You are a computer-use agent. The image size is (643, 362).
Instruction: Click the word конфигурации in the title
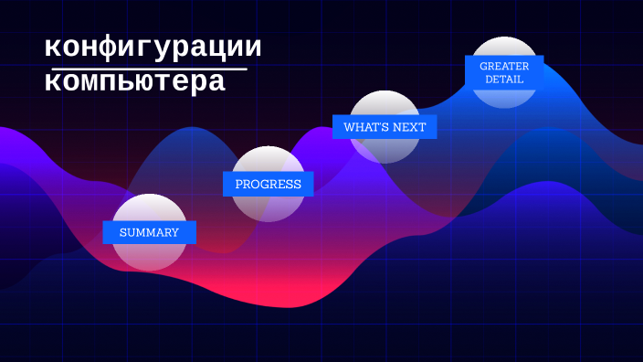coord(153,48)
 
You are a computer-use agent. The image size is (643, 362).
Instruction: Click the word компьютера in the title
coord(134,82)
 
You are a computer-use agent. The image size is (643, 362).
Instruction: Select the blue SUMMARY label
coord(149,232)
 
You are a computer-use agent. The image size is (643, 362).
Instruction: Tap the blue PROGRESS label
coord(268,184)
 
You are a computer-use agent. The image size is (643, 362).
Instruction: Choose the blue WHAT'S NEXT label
coord(384,127)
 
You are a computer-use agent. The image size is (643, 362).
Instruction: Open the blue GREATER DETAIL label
coord(504,72)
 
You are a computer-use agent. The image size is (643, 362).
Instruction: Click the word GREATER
coord(504,66)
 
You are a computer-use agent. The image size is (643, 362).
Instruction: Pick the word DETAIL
coord(504,80)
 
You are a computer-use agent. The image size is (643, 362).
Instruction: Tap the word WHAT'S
coord(365,127)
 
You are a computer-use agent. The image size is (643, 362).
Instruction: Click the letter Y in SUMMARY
coord(174,232)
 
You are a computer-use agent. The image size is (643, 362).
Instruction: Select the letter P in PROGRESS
coord(239,184)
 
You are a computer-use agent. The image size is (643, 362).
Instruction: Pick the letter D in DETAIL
coord(489,80)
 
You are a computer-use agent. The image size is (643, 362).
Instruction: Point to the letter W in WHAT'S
coord(349,127)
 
